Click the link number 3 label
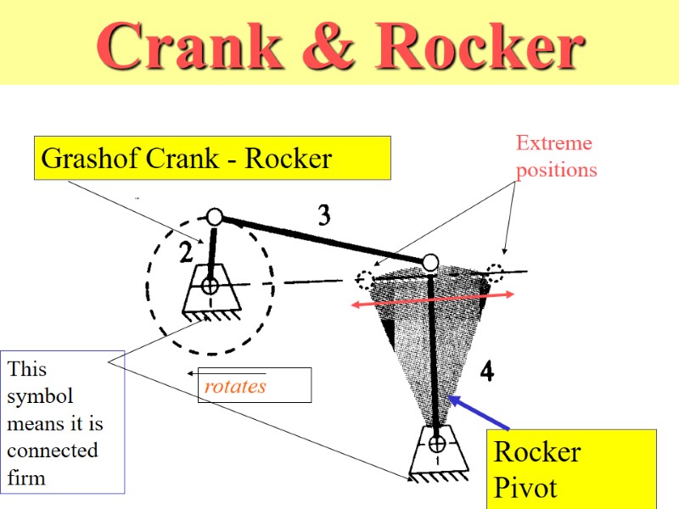323,217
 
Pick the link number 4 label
487,371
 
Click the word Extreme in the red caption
554,143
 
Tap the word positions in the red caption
557,170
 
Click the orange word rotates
235,387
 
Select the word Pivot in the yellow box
525,488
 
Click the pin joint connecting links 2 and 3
215,218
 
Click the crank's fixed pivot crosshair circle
210,287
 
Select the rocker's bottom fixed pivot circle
437,444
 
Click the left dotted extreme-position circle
365,278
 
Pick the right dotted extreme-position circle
496,273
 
